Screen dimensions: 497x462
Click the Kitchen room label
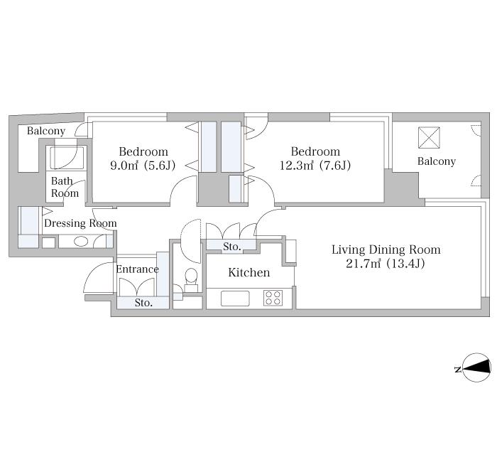click(x=248, y=272)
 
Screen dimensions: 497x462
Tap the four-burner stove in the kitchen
click(x=273, y=298)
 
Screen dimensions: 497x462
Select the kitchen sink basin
click(x=235, y=299)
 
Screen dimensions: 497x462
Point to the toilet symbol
click(x=191, y=279)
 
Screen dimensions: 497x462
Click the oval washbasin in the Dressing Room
click(x=81, y=242)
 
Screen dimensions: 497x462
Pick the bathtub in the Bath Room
click(x=67, y=158)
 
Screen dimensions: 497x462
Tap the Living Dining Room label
click(x=386, y=249)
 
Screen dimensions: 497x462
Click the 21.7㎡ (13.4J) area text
click(x=385, y=264)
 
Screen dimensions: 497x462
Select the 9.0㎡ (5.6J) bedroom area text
click(x=143, y=166)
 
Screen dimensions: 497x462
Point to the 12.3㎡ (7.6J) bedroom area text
click(x=315, y=166)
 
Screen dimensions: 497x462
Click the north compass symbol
click(x=476, y=367)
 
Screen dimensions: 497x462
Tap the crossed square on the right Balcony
click(x=429, y=137)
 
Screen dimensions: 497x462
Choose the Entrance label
click(x=137, y=269)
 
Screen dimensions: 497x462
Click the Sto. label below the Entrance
click(x=143, y=303)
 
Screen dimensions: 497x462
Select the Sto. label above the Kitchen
click(x=231, y=247)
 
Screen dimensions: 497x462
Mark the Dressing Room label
click(x=80, y=223)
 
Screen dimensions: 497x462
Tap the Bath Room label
click(x=65, y=187)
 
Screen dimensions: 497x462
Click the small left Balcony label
click(x=46, y=131)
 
